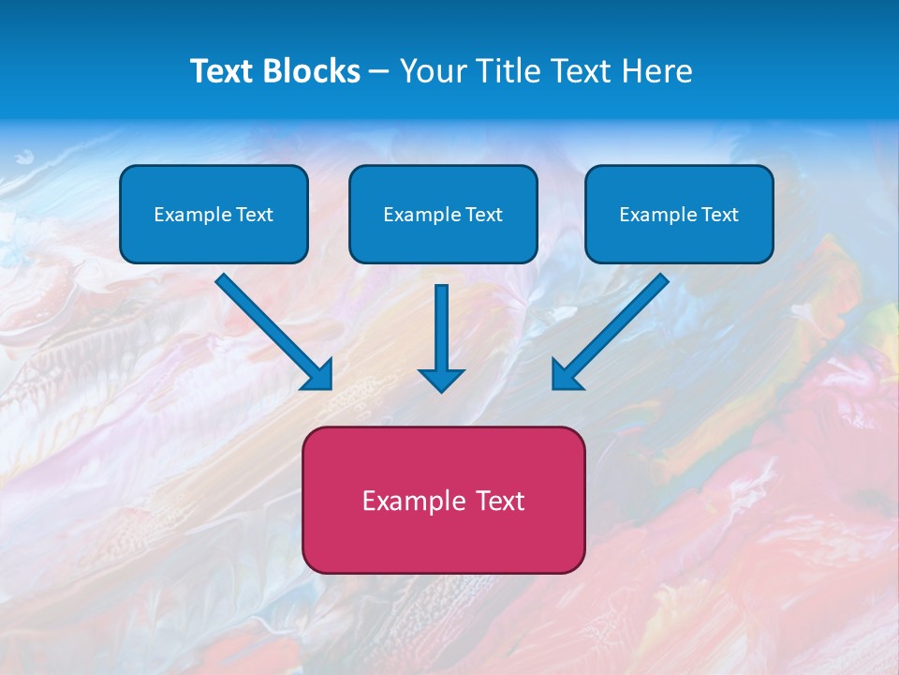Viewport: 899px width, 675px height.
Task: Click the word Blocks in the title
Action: [314, 71]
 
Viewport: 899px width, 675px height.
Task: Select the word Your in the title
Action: [432, 71]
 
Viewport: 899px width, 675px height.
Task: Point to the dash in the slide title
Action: [380, 72]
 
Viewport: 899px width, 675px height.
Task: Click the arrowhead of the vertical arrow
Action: [441, 380]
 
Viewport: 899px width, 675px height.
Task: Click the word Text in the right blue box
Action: [718, 215]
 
